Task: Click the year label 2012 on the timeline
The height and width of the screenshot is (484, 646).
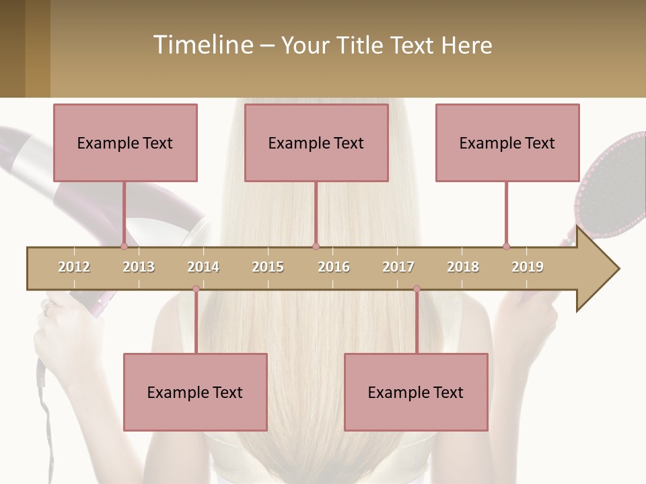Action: [x=74, y=267]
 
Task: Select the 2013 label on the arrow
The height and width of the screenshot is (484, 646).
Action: [x=139, y=267]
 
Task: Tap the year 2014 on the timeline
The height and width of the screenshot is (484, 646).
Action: [x=203, y=267]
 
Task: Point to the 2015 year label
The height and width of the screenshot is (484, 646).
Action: [x=268, y=267]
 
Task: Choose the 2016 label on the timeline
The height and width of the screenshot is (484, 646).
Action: [x=334, y=267]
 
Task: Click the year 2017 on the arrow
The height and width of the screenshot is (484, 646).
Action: [x=398, y=267]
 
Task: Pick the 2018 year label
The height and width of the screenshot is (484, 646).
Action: [x=463, y=267]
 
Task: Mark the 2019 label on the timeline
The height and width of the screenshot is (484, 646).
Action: [x=528, y=267]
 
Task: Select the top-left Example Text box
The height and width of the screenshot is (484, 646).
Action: [x=125, y=143]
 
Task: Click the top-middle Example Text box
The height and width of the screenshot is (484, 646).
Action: [x=316, y=143]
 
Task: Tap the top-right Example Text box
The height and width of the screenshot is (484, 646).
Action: [x=507, y=143]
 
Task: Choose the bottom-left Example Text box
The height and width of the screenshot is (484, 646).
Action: [x=195, y=392]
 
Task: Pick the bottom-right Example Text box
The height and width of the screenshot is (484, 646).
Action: [x=416, y=392]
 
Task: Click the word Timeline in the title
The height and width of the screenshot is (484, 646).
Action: [x=203, y=45]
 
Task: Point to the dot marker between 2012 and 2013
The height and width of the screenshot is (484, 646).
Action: [x=124, y=246]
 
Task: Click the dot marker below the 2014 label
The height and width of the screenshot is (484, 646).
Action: [x=196, y=289]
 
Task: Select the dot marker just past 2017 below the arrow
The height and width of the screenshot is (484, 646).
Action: [x=417, y=289]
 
